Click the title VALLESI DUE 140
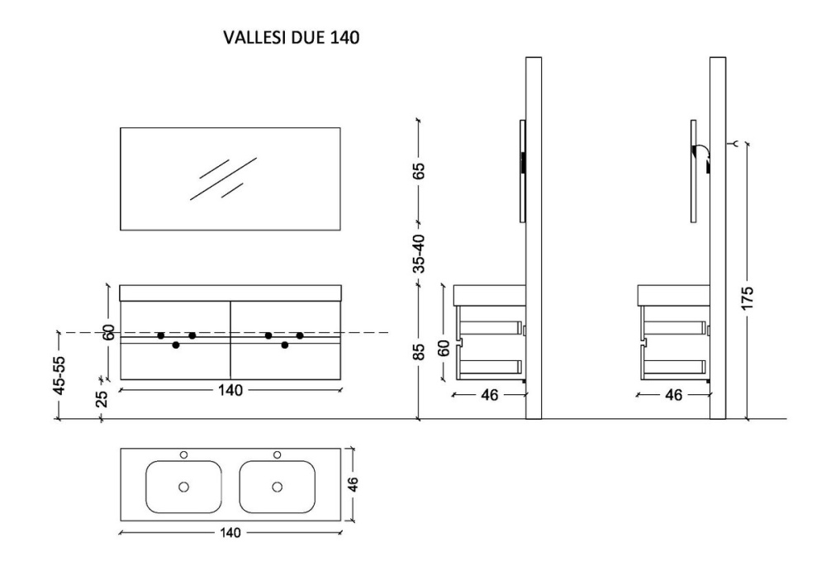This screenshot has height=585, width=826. point(292,37)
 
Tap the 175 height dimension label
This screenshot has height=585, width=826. point(748,297)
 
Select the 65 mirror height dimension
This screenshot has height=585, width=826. point(419,171)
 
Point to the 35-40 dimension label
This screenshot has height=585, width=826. point(419,254)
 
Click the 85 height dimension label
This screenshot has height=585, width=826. point(419,352)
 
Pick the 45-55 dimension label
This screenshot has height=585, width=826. point(59,375)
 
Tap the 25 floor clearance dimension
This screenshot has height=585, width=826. point(102,398)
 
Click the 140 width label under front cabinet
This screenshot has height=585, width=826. point(230,390)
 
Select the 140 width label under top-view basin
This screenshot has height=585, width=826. point(230,533)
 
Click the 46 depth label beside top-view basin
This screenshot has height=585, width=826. point(353,484)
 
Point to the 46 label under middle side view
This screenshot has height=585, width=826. point(489,395)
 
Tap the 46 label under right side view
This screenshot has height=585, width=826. point(673,395)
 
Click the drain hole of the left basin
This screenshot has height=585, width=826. point(184,487)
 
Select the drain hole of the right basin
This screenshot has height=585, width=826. point(277,487)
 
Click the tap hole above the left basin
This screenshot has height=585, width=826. point(184,454)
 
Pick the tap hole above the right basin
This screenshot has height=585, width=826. point(277,454)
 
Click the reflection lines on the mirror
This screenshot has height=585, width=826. point(223,178)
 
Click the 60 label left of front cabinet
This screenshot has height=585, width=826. point(109,332)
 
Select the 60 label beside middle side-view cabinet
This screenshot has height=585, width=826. point(444,348)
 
